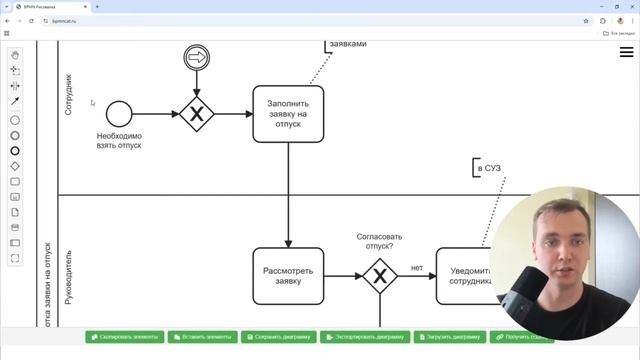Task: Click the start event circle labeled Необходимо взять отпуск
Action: coord(119,114)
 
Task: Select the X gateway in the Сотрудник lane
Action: coord(197,114)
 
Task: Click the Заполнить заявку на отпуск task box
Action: coord(288,114)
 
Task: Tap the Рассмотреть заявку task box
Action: coord(288,275)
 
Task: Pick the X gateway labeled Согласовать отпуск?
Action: coord(379,275)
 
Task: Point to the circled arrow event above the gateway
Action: coord(197,59)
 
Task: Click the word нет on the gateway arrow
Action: coord(417,267)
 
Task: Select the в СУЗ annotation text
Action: coord(489,168)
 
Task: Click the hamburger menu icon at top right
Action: coord(626,52)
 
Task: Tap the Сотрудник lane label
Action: coord(69,95)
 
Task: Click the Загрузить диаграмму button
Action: coord(449,337)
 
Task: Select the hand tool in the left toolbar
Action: coord(15,55)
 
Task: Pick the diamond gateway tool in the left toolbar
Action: coord(15,166)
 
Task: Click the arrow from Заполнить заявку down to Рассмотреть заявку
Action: coord(288,195)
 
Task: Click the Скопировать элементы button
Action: coord(124,337)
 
